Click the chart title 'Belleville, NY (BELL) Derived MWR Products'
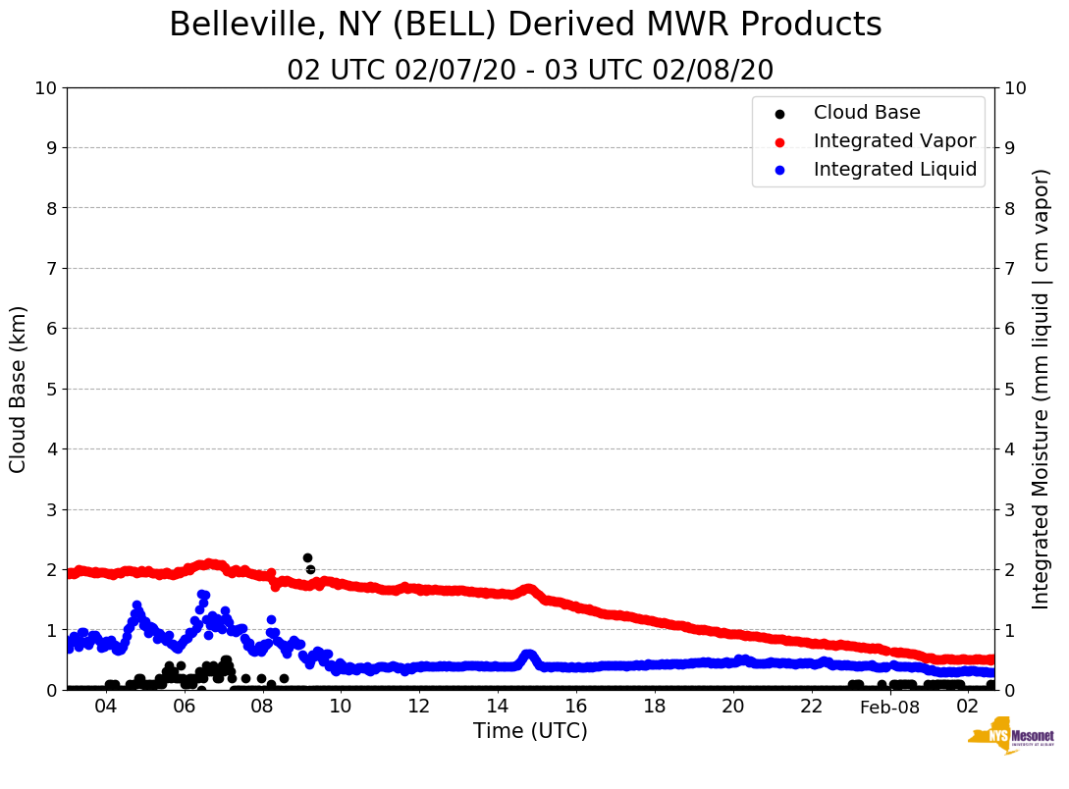(x=525, y=25)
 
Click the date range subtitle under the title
(x=530, y=71)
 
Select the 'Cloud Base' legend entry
(x=867, y=113)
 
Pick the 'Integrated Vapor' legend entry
(x=894, y=141)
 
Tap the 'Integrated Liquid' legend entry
(x=894, y=170)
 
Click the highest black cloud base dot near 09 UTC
(x=307, y=557)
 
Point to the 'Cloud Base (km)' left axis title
(x=19, y=389)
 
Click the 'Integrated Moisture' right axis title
(x=1042, y=389)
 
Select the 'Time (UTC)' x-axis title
(x=530, y=731)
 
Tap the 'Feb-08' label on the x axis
(x=889, y=708)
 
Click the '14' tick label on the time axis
(x=498, y=708)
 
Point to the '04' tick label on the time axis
(x=105, y=708)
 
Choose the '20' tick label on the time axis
(x=733, y=708)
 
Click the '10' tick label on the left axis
(x=45, y=87)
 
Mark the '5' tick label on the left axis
(x=51, y=389)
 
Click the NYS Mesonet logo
(x=1010, y=739)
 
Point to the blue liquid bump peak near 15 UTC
(x=528, y=655)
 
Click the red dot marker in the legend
(x=779, y=141)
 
